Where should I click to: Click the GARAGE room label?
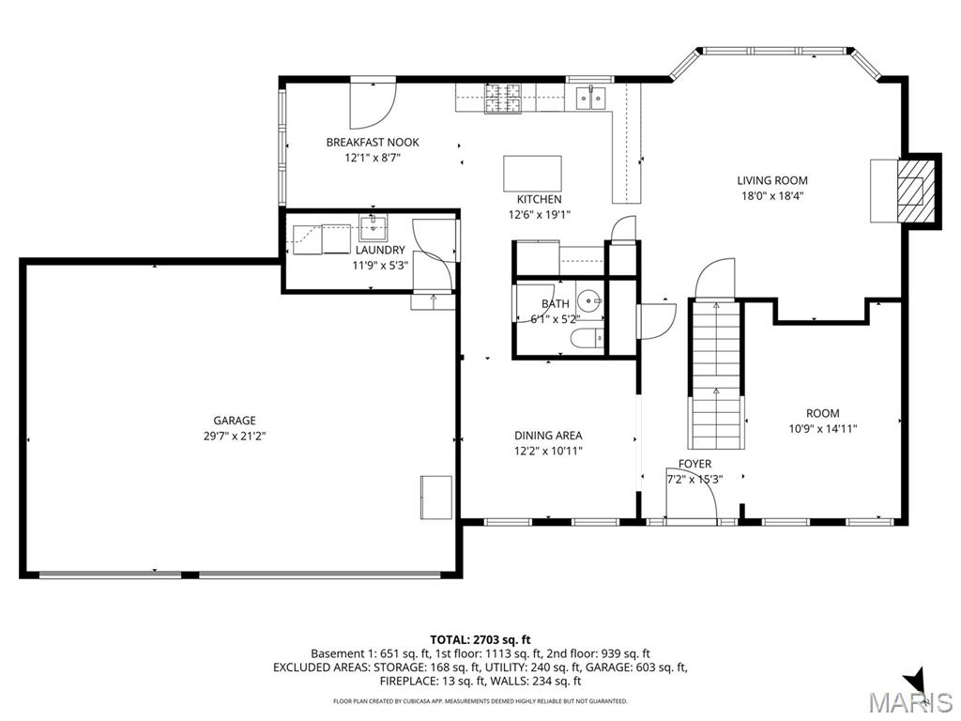(x=234, y=421)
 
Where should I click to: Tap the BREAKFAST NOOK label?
(x=373, y=143)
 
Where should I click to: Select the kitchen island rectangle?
(x=532, y=174)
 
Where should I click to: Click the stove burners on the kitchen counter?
(x=502, y=98)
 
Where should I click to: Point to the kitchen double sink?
(x=590, y=97)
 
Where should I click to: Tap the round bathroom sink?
(x=587, y=302)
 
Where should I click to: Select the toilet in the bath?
(x=587, y=339)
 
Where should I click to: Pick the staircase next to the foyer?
(x=716, y=376)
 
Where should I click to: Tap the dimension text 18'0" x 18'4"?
(x=771, y=196)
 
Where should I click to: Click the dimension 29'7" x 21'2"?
(x=234, y=436)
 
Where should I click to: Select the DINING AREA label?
(x=548, y=436)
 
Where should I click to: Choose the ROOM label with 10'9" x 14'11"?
(x=822, y=413)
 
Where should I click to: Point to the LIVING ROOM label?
(x=771, y=180)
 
